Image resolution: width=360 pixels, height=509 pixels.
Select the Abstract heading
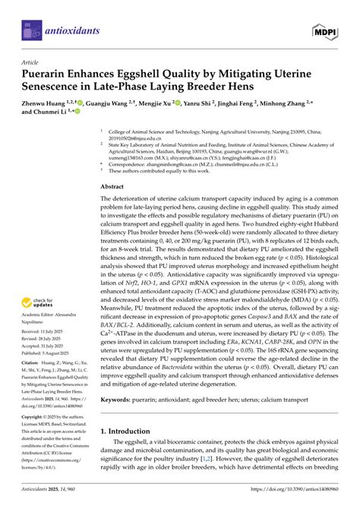(112, 185)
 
